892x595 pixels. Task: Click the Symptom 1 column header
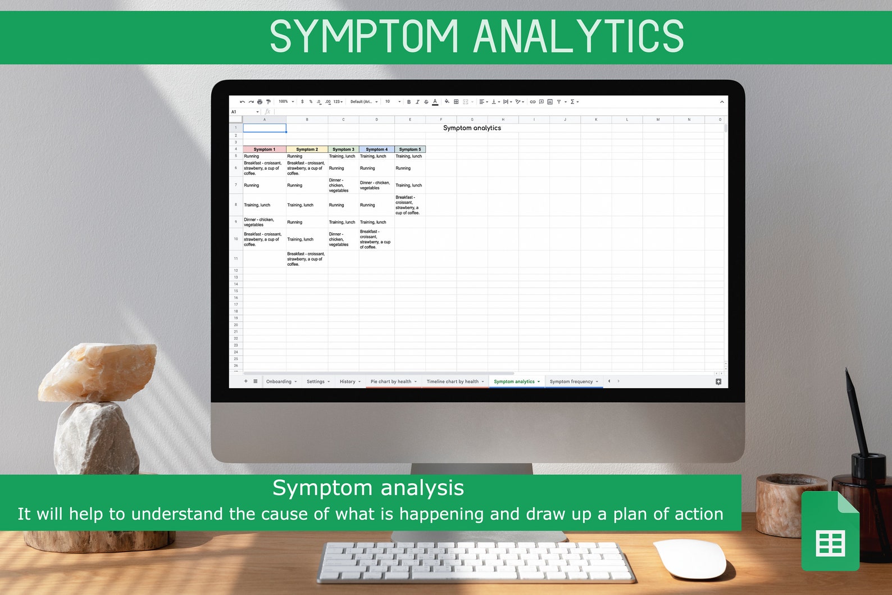[x=264, y=149]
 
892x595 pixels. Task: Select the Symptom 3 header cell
[x=343, y=149]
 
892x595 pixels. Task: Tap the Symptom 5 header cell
[x=410, y=149]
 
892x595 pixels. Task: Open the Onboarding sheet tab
[x=279, y=381]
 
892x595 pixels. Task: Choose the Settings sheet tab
[x=316, y=381]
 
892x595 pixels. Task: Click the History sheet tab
[x=348, y=381]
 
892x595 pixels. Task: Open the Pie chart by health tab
[x=391, y=381]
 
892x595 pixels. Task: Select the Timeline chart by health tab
[x=453, y=381]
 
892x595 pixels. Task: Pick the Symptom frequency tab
[x=571, y=381]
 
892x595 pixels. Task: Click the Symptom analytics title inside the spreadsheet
[x=472, y=128]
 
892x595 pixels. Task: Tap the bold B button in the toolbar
[x=409, y=102]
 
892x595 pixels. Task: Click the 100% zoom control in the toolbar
[x=284, y=102]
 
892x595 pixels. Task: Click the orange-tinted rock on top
[x=98, y=372]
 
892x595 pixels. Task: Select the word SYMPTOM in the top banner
[x=364, y=37]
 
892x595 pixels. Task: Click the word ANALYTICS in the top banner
[x=579, y=37]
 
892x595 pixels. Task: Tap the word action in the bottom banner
[x=699, y=514]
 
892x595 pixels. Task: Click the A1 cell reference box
[x=235, y=112]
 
